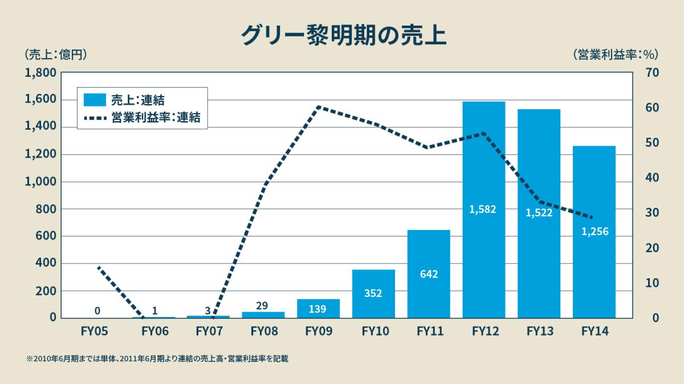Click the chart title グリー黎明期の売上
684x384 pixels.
point(343,35)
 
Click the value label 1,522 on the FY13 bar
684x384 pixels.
point(539,213)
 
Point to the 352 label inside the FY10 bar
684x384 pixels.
point(373,294)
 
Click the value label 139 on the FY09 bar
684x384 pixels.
point(318,309)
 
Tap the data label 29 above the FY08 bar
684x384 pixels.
point(262,305)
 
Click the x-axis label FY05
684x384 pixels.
point(97,331)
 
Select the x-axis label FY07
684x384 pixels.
point(208,331)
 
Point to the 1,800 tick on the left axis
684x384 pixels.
point(40,73)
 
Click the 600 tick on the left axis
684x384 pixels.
point(44,236)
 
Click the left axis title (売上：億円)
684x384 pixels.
point(55,55)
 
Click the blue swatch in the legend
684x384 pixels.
point(95,100)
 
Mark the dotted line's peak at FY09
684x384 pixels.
point(318,106)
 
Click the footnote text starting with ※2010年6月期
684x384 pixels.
point(157,359)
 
